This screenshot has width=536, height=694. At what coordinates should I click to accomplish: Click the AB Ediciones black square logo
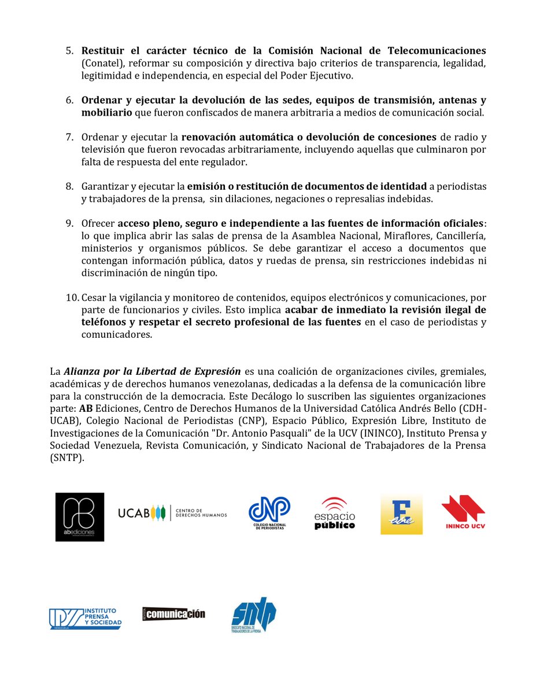(x=80, y=516)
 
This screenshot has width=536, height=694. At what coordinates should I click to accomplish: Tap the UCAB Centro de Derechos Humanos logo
(x=172, y=512)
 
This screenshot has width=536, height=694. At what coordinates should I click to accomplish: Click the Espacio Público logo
(x=334, y=513)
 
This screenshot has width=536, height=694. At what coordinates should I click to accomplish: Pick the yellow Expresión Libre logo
(x=401, y=514)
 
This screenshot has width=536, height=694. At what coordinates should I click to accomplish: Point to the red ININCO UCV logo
(x=463, y=512)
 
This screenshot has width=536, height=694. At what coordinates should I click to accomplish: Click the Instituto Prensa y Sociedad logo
(x=85, y=618)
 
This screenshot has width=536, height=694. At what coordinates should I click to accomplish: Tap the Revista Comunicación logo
(x=173, y=614)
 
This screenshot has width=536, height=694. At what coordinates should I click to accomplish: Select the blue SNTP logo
(x=253, y=615)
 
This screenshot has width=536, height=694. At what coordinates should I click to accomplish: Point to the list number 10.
(x=72, y=297)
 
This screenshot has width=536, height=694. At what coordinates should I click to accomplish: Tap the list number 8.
(x=69, y=186)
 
